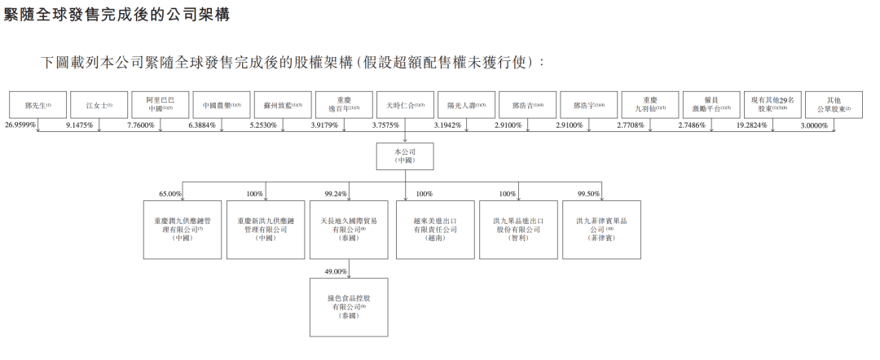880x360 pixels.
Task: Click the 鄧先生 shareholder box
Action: click(37, 105)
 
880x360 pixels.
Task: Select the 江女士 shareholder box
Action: click(98, 105)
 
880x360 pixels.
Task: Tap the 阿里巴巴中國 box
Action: click(159, 105)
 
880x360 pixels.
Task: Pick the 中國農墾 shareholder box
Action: click(221, 105)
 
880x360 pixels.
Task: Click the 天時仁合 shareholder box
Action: click(405, 105)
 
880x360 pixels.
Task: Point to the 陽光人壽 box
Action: click(466, 105)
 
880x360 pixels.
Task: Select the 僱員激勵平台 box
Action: click(712, 105)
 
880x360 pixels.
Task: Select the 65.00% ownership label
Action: click(170, 194)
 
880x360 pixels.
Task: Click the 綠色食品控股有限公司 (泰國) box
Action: click(349, 307)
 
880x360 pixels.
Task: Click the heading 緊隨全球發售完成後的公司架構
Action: click(122, 15)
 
